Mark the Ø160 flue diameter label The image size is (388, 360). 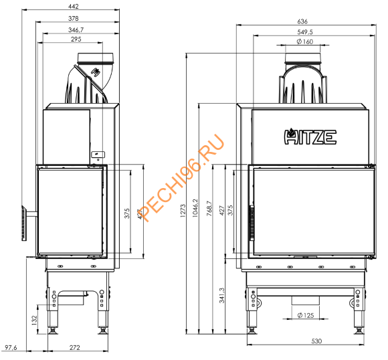[x=304, y=41]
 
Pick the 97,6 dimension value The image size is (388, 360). [x=11, y=348]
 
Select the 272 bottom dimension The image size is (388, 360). [x=75, y=348]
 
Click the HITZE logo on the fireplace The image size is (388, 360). [x=311, y=137]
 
